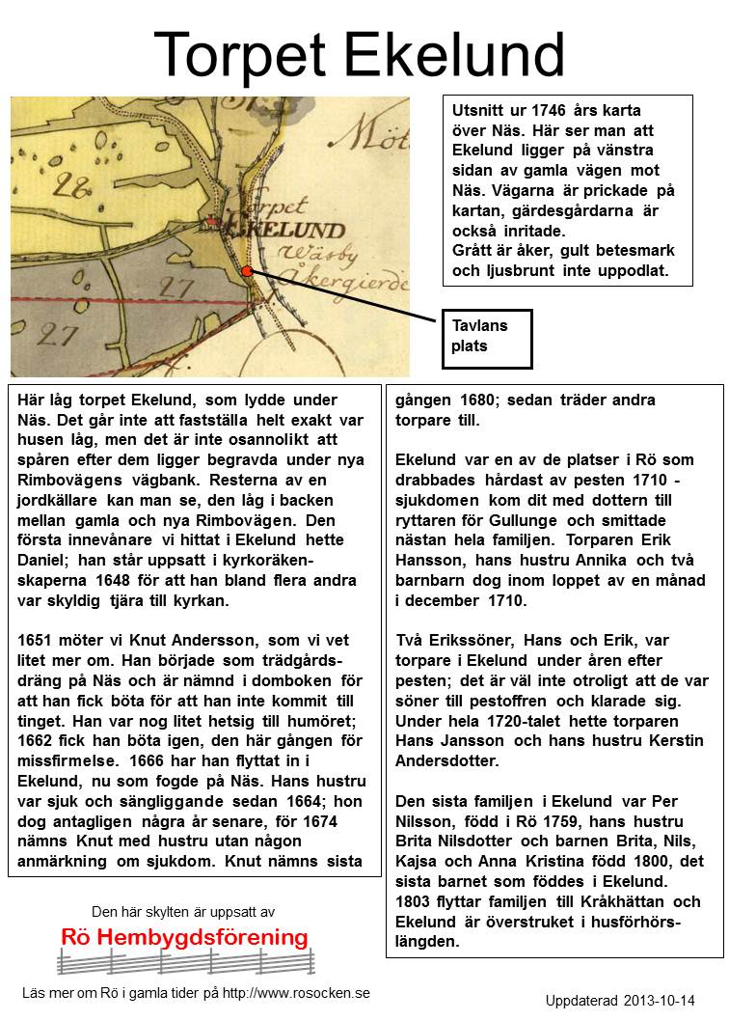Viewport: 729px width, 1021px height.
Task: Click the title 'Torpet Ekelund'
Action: click(359, 54)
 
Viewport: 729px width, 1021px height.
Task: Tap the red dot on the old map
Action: click(248, 272)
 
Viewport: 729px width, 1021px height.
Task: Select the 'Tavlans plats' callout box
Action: click(486, 338)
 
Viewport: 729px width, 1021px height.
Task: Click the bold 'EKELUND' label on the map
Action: click(283, 231)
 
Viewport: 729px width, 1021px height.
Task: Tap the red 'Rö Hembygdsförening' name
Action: click(184, 937)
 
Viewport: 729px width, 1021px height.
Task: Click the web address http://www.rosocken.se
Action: click(296, 993)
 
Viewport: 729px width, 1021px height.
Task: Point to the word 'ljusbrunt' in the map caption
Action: click(531, 271)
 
